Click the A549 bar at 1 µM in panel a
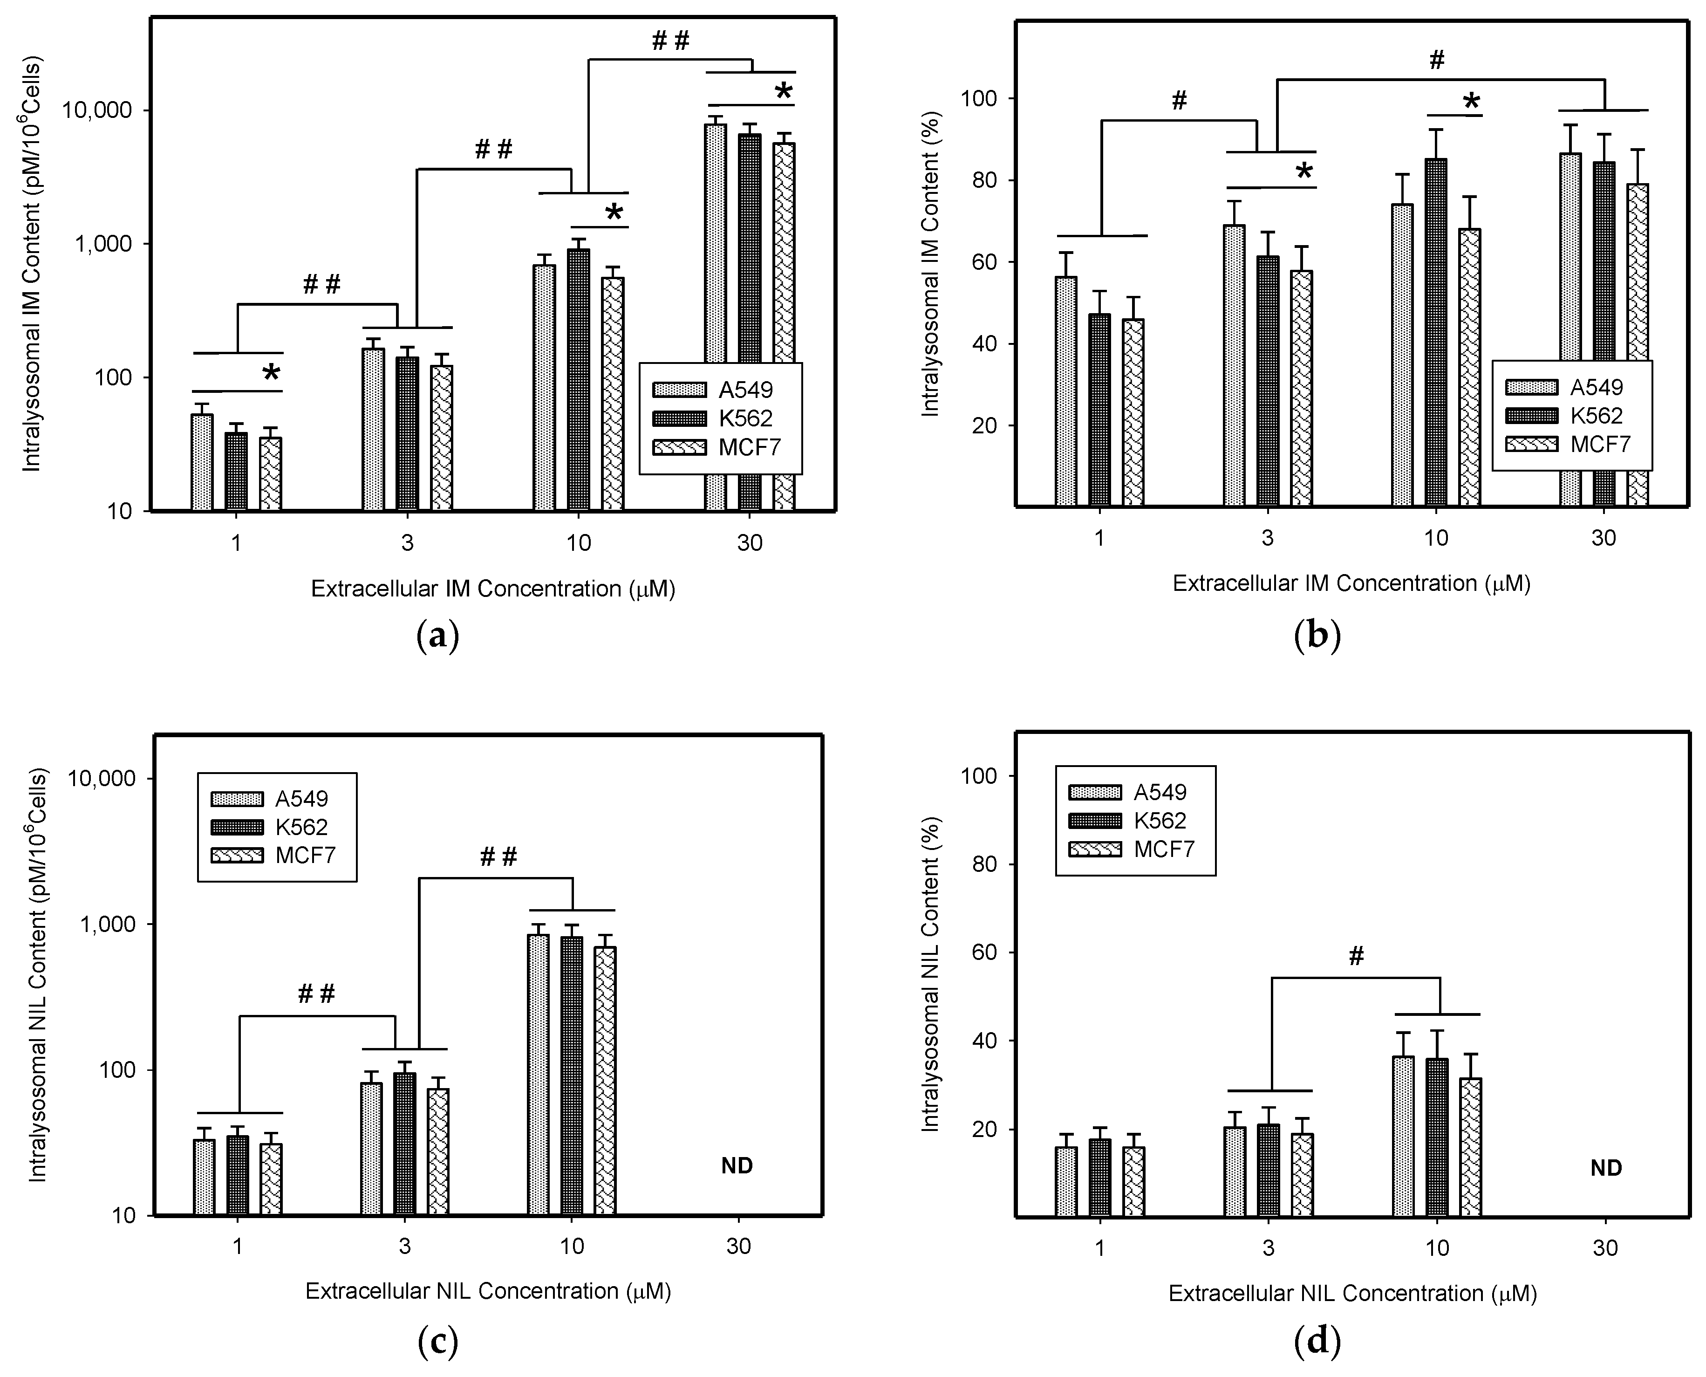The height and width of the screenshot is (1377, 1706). [x=202, y=462]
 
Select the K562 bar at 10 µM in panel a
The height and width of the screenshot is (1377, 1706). [x=578, y=381]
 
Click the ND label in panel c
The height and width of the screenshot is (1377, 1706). [x=737, y=1166]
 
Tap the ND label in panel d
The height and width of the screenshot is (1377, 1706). [x=1606, y=1168]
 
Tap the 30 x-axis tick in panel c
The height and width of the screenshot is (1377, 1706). [x=738, y=1247]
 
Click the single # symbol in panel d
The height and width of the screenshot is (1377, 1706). [x=1356, y=957]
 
